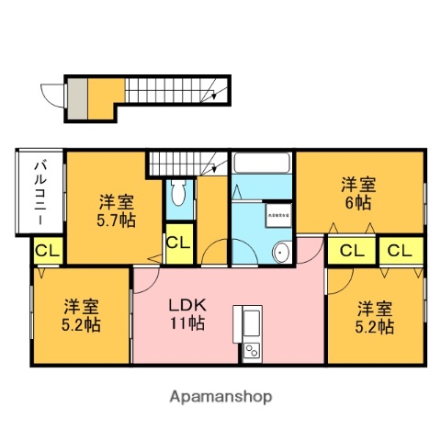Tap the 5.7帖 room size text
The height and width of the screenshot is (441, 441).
(x=117, y=220)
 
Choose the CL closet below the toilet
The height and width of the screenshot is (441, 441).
(x=178, y=244)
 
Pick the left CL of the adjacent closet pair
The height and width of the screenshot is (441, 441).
(x=350, y=250)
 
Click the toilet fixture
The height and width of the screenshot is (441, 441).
(x=178, y=194)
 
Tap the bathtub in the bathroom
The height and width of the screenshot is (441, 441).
(x=262, y=164)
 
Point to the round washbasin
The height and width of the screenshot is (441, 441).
(x=283, y=253)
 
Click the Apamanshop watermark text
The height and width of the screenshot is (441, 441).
(x=220, y=398)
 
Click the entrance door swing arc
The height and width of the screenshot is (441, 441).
(x=51, y=95)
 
